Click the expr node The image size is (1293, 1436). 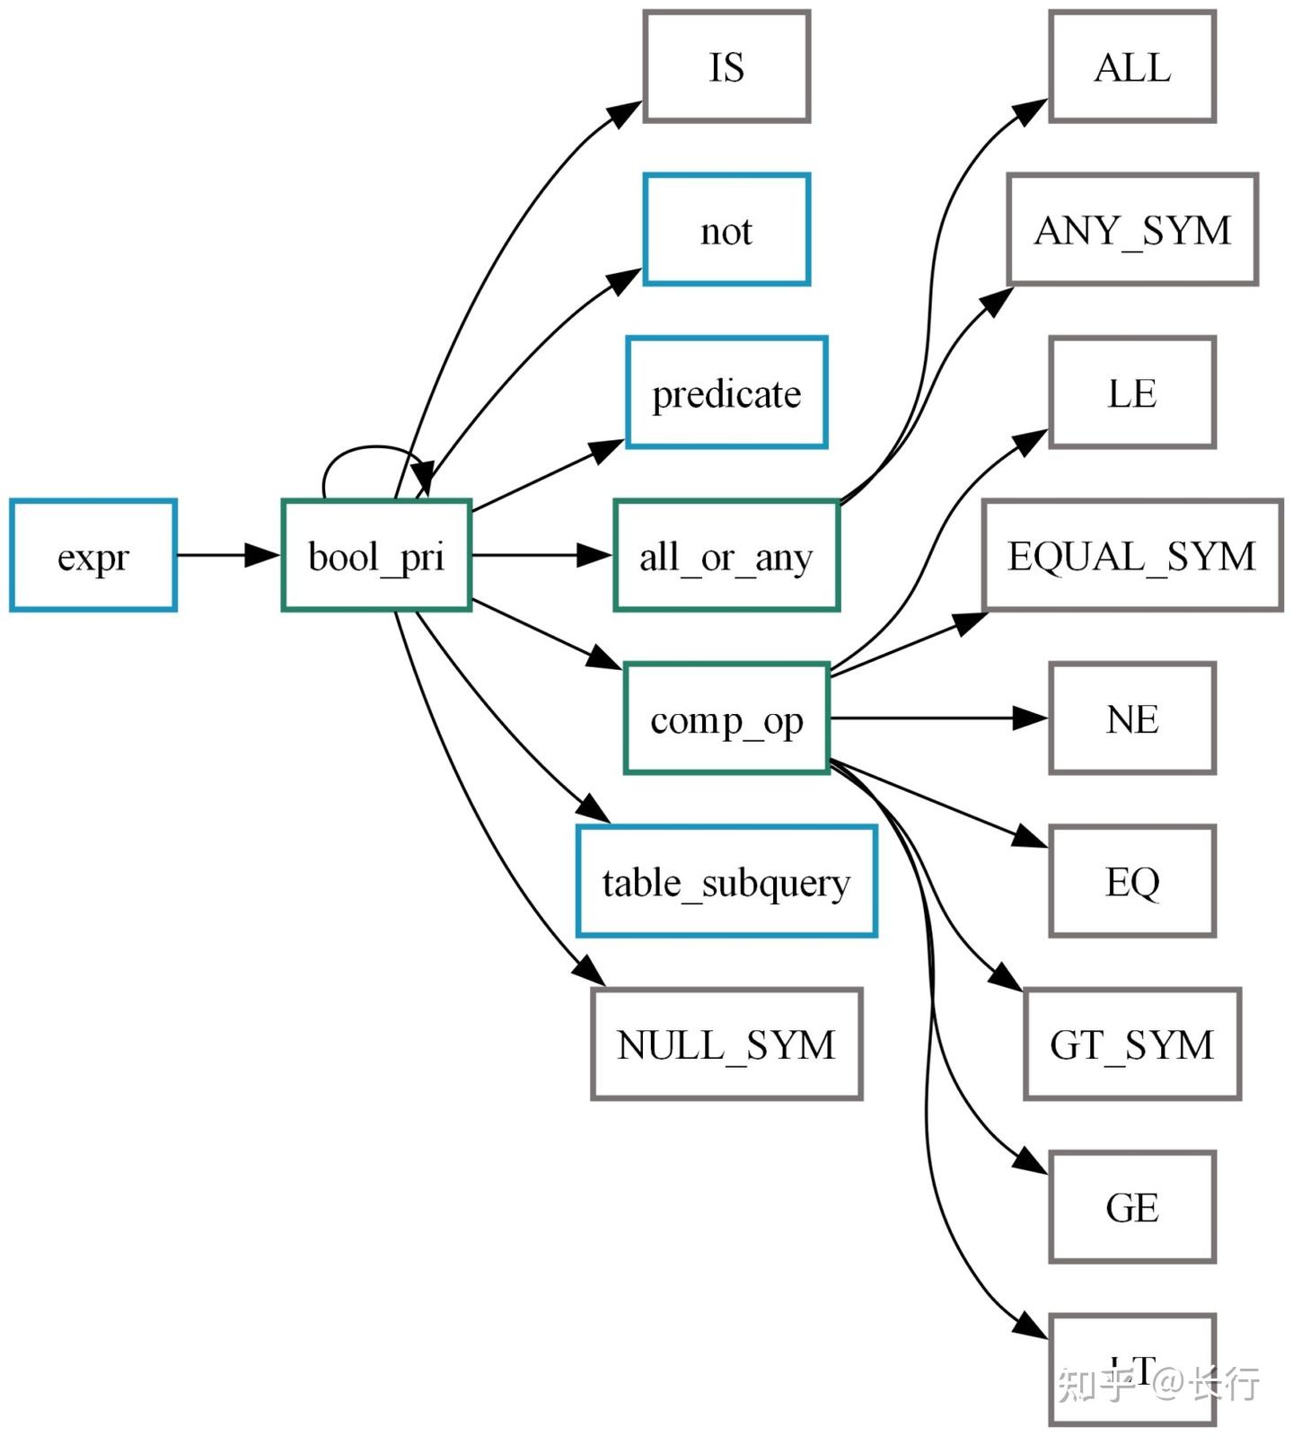[92, 556]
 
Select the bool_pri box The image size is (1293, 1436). [376, 556]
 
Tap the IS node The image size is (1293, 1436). [726, 66]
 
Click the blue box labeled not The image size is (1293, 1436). [726, 230]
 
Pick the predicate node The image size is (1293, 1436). [726, 392]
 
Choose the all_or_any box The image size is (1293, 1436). [726, 556]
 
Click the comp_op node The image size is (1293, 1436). [726, 718]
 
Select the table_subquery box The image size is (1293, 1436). [726, 881]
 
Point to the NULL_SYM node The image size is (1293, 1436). [726, 1044]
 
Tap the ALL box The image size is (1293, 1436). [1132, 66]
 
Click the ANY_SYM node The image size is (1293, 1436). [1132, 230]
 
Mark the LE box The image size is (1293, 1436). [1132, 392]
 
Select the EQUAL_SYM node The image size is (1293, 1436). [1132, 556]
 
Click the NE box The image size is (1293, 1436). [1132, 718]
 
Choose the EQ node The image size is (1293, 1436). [1132, 881]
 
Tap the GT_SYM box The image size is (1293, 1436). [1132, 1044]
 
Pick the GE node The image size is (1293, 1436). [1132, 1207]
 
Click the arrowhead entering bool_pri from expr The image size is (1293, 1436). [263, 555]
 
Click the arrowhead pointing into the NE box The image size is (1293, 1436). [1030, 718]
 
